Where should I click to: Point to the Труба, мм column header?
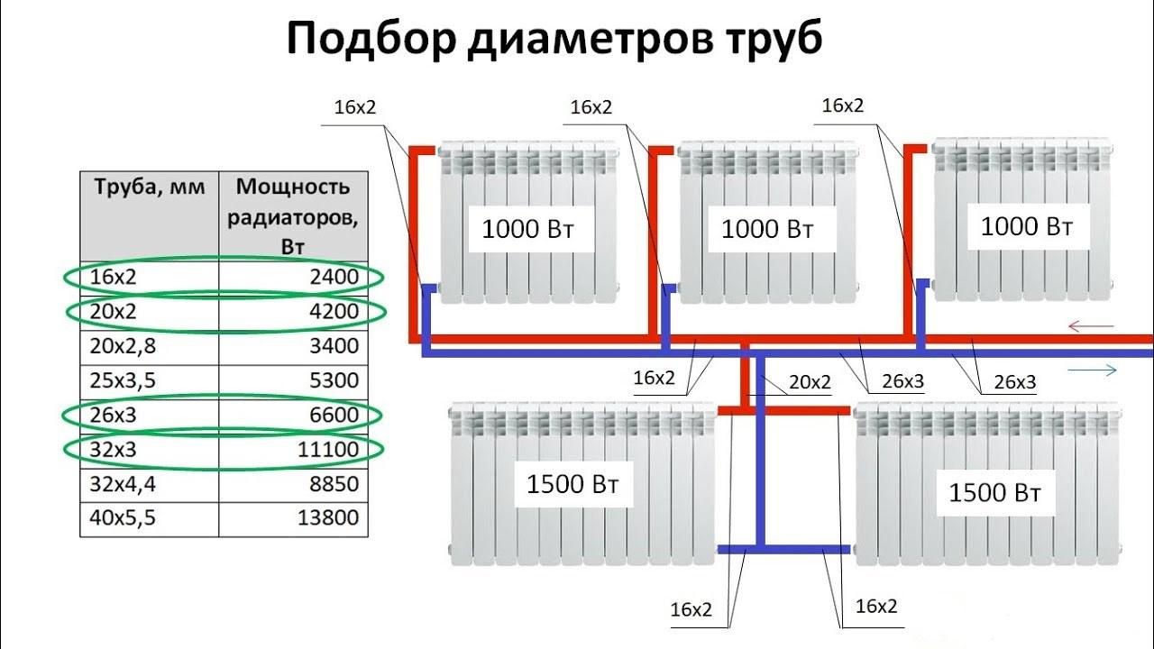(x=150, y=187)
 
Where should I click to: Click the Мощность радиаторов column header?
(x=293, y=215)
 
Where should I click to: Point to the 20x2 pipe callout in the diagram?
(x=810, y=382)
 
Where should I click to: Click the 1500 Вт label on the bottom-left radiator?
(x=572, y=484)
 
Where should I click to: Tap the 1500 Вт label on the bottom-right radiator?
(x=995, y=493)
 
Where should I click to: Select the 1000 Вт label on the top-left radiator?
(x=527, y=229)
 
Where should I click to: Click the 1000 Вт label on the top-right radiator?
(x=1026, y=226)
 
